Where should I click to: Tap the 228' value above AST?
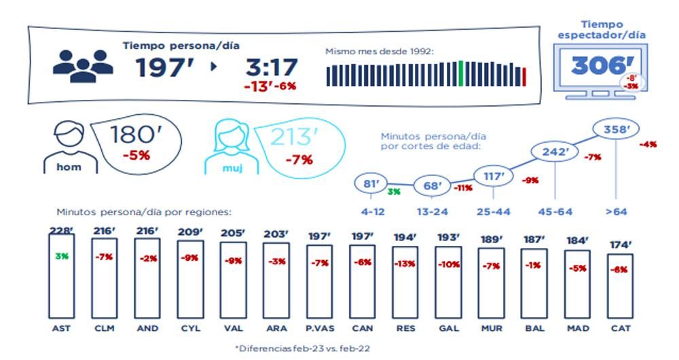click(61, 231)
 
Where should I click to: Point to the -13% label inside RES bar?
click(406, 263)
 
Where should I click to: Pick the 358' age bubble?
click(614, 128)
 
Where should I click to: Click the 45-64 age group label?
click(555, 212)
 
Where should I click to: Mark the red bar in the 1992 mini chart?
click(524, 76)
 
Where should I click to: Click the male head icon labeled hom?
click(67, 144)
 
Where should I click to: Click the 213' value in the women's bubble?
click(294, 138)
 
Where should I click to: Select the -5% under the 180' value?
click(136, 156)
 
